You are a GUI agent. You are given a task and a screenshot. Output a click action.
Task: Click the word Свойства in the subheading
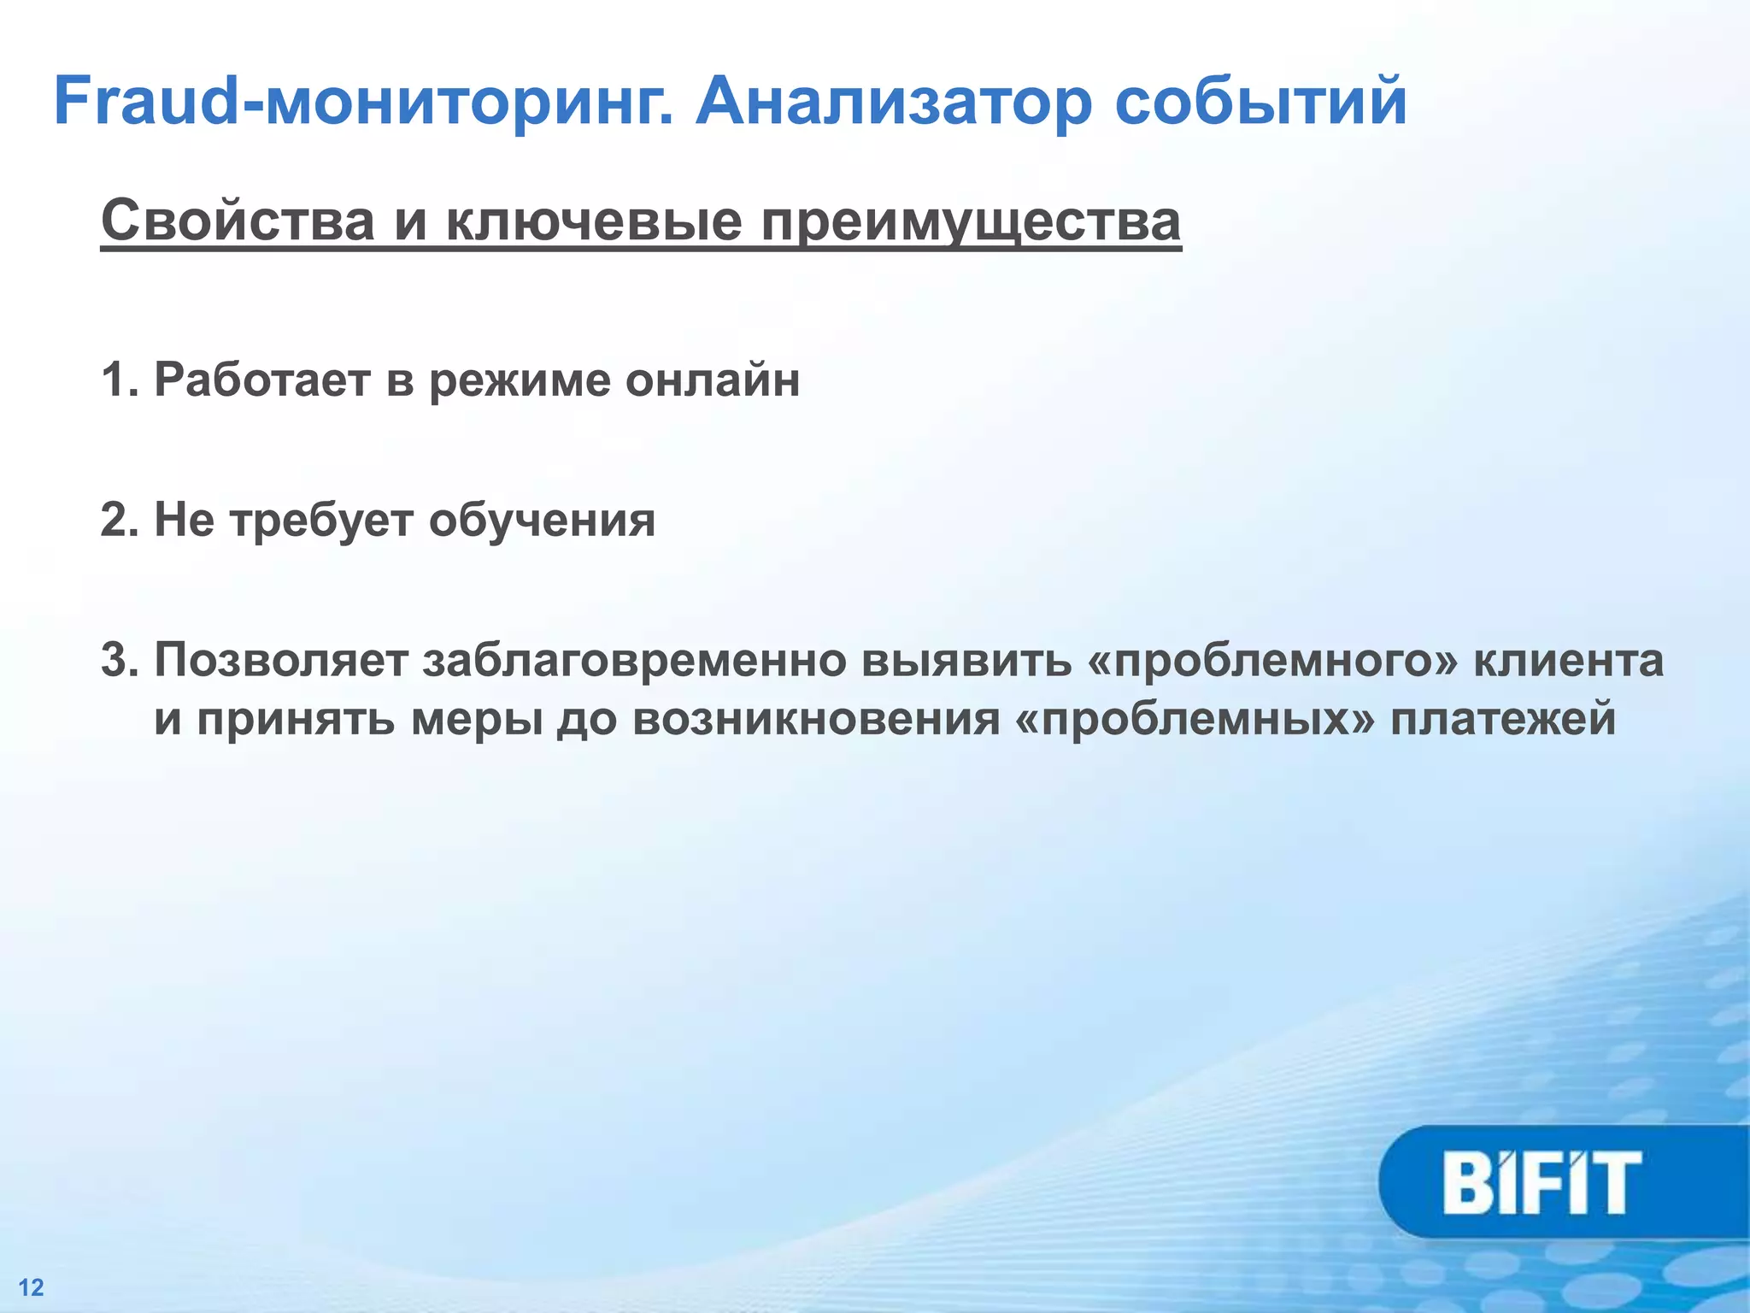point(238,221)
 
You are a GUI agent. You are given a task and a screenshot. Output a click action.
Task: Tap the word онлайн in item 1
point(713,380)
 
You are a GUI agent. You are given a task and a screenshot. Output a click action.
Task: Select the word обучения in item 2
point(542,520)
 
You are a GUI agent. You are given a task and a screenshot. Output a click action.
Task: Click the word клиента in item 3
point(1569,661)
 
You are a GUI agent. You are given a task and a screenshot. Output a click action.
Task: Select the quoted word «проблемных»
point(1196,719)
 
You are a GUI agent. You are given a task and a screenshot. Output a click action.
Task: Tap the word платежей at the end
point(1503,719)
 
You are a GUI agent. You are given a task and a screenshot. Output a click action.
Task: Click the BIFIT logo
point(1542,1183)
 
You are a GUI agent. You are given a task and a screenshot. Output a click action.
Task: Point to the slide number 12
point(32,1287)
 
